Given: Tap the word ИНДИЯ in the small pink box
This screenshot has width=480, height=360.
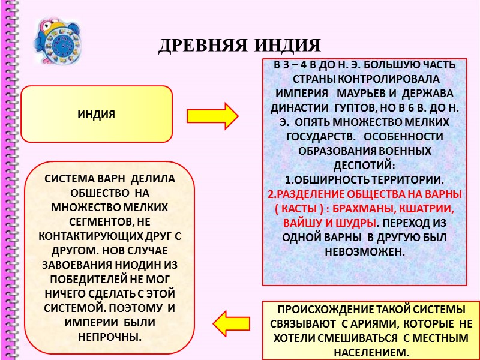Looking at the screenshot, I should [96, 114].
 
